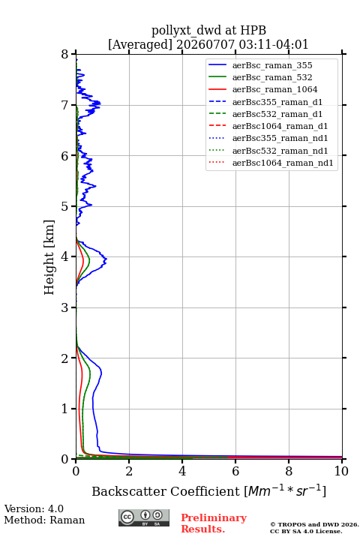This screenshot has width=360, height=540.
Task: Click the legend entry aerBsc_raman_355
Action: (x=272, y=65)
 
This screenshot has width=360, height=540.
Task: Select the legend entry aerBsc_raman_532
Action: (x=272, y=77)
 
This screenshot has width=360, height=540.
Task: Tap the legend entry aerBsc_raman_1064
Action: (x=275, y=89)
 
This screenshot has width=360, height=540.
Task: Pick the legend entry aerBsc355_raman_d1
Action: (x=277, y=102)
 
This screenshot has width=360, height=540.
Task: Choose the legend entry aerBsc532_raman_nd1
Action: (x=280, y=151)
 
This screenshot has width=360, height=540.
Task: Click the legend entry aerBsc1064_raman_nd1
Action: (x=283, y=163)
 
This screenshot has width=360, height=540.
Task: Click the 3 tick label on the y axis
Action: (x=65, y=307)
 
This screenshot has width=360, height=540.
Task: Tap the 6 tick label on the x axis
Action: (x=235, y=471)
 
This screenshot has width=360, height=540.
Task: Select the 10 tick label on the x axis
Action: (x=341, y=471)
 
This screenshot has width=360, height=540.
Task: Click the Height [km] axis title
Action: (x=49, y=257)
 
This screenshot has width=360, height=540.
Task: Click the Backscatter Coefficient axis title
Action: (x=208, y=490)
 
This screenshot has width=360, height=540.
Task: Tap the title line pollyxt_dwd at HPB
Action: (x=208, y=31)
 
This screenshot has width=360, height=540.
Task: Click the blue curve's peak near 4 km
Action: (x=106, y=259)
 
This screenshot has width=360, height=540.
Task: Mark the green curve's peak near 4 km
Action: (x=89, y=259)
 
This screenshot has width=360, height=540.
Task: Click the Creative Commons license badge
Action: (x=144, y=517)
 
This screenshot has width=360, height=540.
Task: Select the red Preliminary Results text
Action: (x=214, y=523)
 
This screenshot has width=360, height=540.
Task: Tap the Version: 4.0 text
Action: (x=34, y=508)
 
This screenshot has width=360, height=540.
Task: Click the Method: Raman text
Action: (x=44, y=520)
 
